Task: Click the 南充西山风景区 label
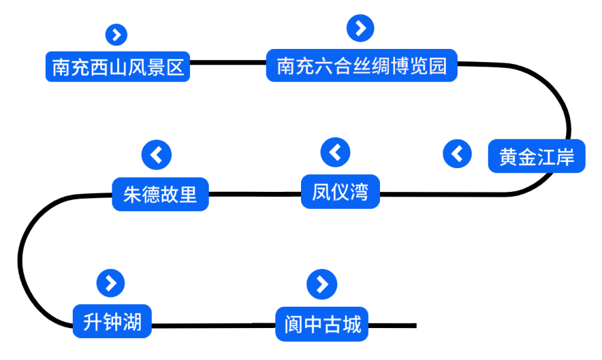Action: tap(117, 67)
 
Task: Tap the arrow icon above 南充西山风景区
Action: tap(117, 34)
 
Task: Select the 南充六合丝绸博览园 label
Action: tap(361, 66)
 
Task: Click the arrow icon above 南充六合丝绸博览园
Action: tap(361, 28)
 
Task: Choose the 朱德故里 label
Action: tap(160, 194)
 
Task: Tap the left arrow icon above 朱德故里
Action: tap(156, 154)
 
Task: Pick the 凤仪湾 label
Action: tap(340, 192)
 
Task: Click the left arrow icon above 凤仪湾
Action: tap(335, 152)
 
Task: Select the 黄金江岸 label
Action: tap(536, 156)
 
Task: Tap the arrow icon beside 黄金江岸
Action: tap(457, 154)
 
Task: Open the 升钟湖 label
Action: tap(112, 322)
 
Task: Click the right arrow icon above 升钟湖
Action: tap(111, 283)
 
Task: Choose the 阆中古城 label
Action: tap(322, 324)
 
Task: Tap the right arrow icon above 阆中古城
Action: tap(322, 284)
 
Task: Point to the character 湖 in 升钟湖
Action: tap(132, 322)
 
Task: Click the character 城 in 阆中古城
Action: tap(352, 324)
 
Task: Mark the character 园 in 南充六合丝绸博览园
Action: tap(437, 66)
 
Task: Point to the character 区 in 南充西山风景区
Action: tap(176, 67)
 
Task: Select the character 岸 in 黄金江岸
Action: tap(565, 156)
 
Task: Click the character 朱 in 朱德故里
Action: tap(132, 194)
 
